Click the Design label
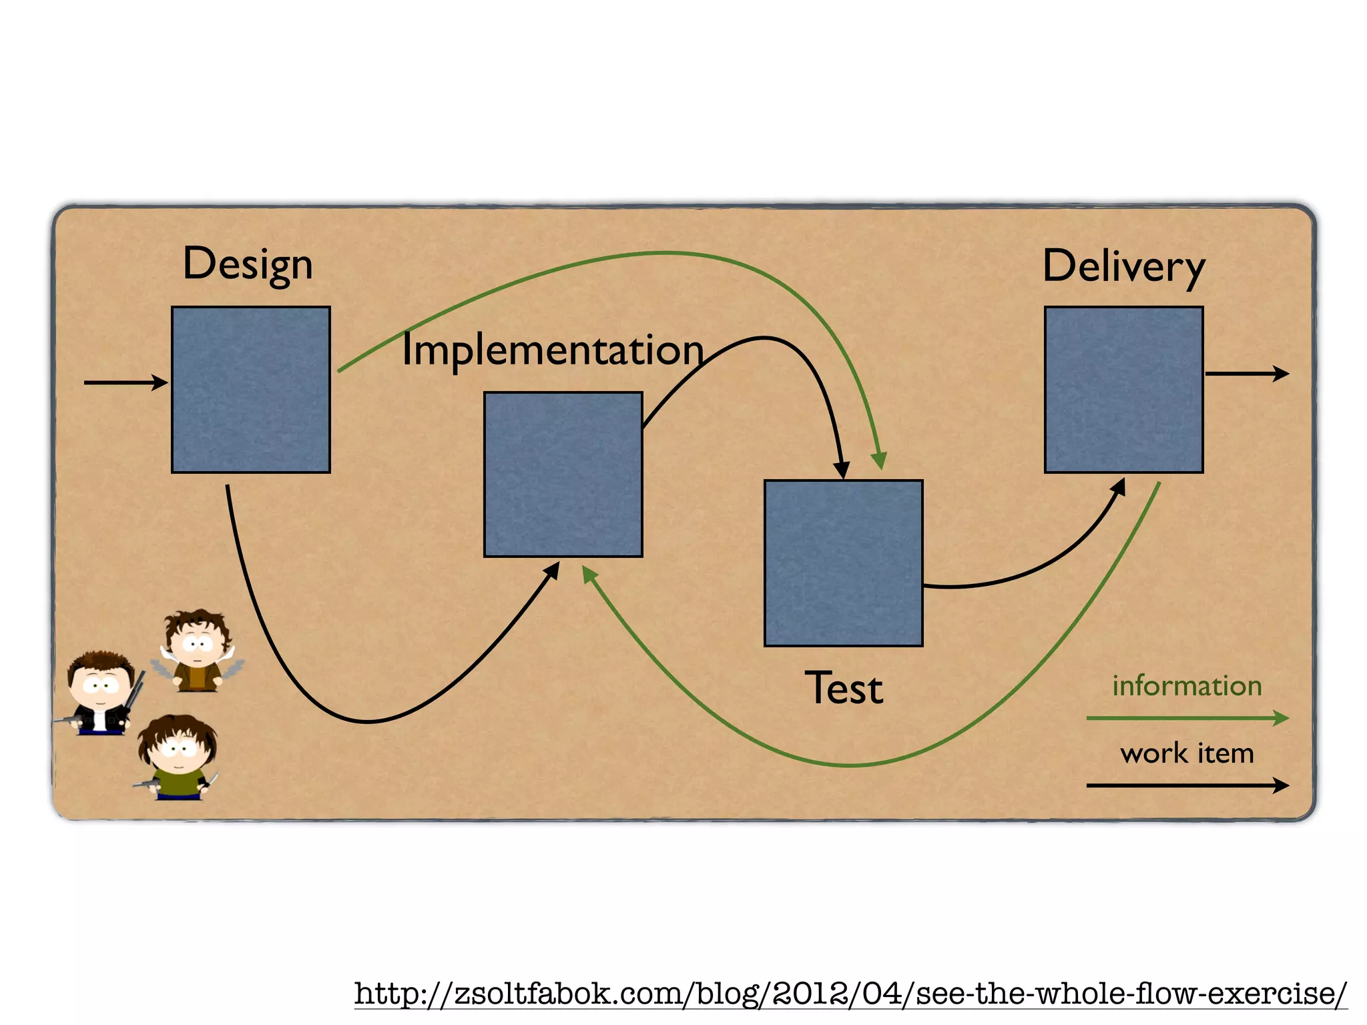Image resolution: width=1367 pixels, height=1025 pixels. coord(248,265)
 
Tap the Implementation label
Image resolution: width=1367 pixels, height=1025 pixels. coord(553,350)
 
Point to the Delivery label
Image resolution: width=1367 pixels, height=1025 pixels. coord(1124,267)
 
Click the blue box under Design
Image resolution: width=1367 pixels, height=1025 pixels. coord(251,390)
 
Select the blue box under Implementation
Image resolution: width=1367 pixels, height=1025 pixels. coord(563,474)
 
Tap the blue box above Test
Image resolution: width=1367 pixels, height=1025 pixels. coord(844,563)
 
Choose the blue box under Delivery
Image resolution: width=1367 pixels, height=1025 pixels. coord(1124,390)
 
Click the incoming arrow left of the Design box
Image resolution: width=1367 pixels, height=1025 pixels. coord(125,382)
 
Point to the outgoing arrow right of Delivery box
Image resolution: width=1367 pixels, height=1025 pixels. coord(1246,374)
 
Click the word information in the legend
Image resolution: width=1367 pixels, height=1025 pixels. coord(1187,686)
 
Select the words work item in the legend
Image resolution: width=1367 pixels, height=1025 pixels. coord(1187,753)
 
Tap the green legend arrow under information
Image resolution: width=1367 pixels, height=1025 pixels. coord(1187,718)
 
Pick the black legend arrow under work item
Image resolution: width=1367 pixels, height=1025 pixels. coord(1187,785)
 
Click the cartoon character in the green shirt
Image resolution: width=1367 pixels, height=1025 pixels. coord(177,757)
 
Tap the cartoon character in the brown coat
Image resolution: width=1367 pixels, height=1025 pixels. coord(198,651)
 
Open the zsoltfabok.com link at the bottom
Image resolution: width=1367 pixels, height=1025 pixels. coord(850,994)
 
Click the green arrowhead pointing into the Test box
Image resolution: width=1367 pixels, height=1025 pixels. coord(880,460)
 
